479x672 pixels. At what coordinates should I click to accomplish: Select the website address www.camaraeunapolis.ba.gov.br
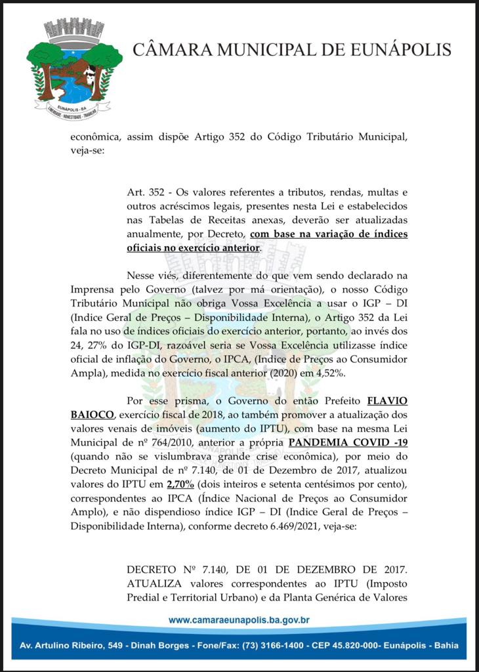click(x=239, y=619)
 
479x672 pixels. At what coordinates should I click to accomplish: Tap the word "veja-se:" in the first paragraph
click(x=87, y=150)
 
